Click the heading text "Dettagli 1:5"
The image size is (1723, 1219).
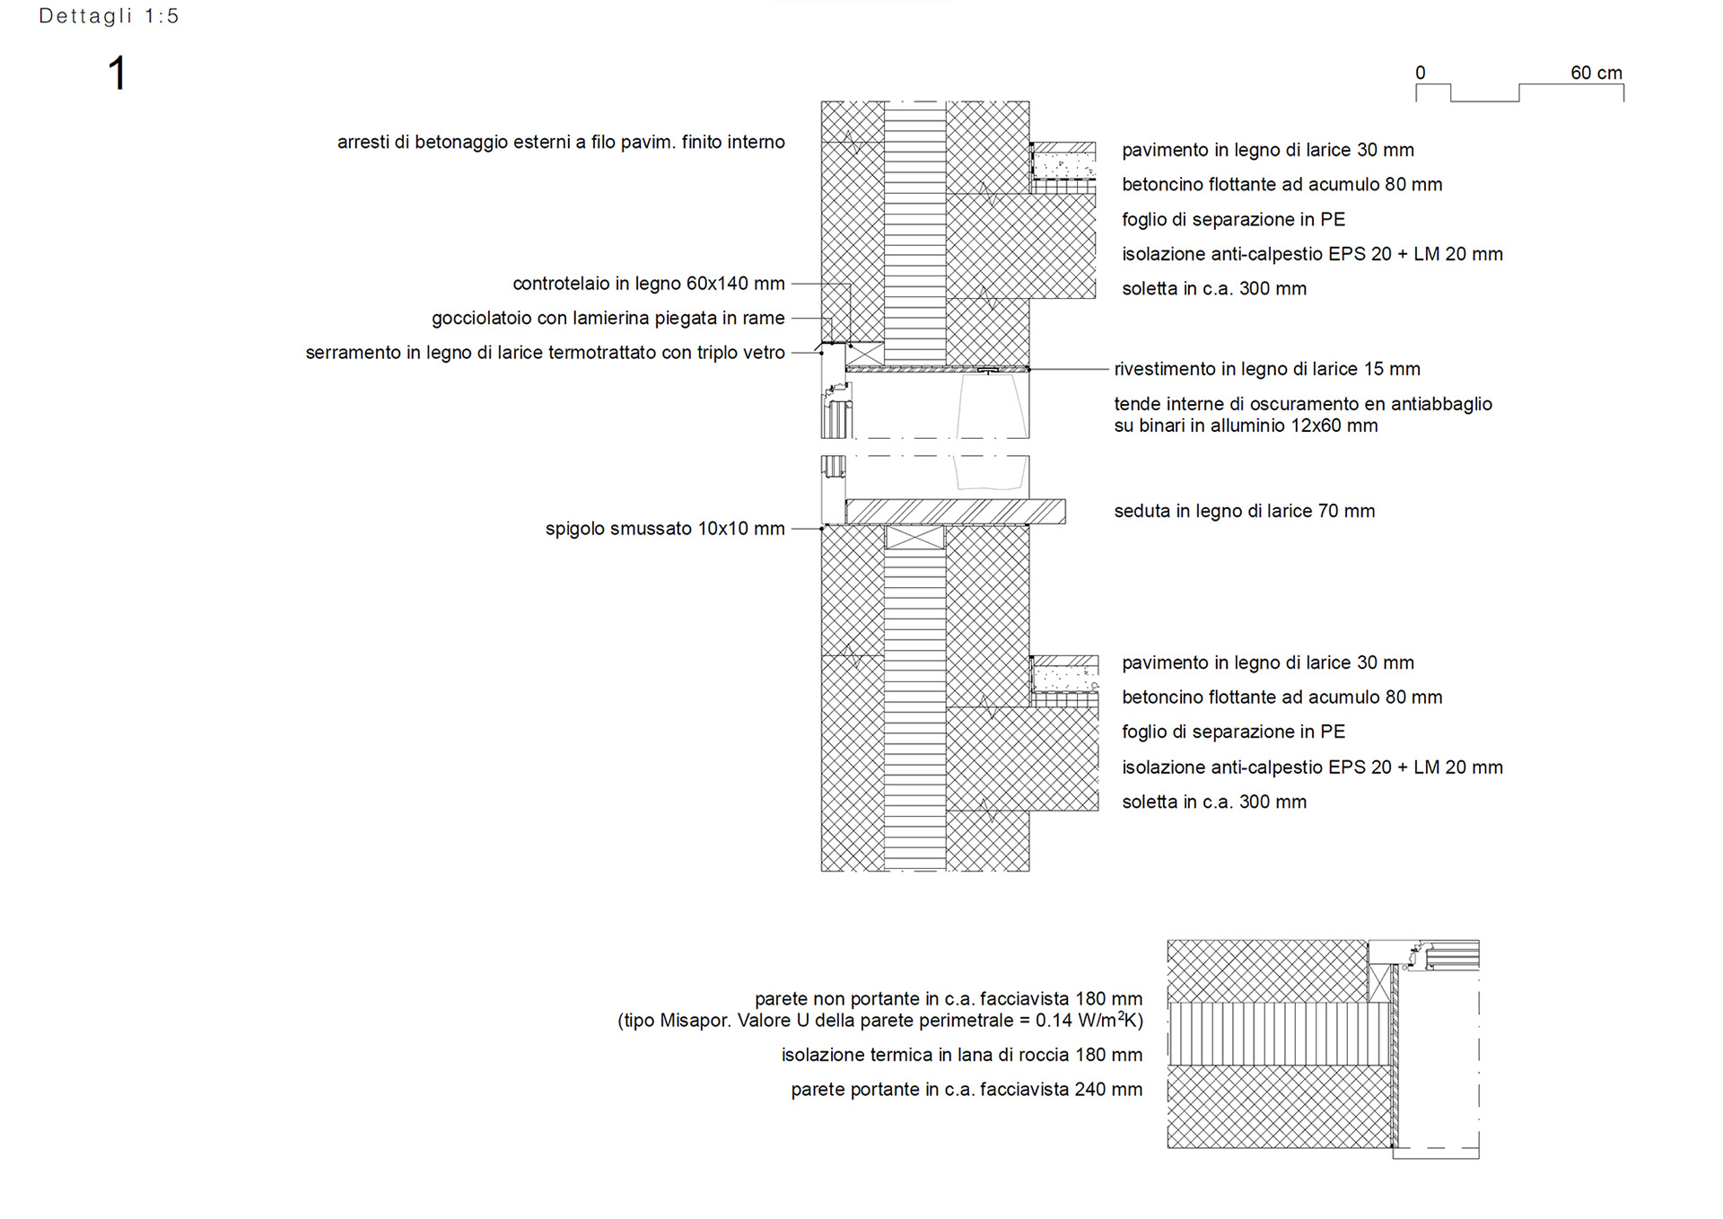click(109, 16)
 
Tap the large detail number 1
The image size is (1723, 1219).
click(118, 73)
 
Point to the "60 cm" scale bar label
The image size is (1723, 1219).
click(1596, 73)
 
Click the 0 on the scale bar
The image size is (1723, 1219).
click(1421, 73)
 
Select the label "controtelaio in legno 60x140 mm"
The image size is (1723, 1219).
click(648, 284)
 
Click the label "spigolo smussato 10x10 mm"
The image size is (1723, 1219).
click(664, 529)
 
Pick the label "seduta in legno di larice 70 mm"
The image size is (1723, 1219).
click(1244, 511)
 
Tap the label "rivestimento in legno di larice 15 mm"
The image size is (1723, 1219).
click(1266, 369)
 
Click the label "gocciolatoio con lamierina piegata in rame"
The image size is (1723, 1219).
click(608, 318)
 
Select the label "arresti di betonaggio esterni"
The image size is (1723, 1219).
click(560, 142)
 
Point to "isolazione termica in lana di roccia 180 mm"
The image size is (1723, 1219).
click(961, 1055)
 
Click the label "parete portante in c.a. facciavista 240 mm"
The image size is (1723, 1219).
click(966, 1090)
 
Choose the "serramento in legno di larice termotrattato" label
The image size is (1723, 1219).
click(545, 353)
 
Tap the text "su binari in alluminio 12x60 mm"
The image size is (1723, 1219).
click(1246, 425)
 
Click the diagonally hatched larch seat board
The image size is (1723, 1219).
click(956, 512)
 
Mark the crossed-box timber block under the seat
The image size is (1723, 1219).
click(914, 538)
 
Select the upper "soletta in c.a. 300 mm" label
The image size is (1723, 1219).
click(1213, 289)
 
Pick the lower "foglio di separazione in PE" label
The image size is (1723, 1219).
click(1233, 732)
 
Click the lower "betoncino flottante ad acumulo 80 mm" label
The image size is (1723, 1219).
click(1281, 697)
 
